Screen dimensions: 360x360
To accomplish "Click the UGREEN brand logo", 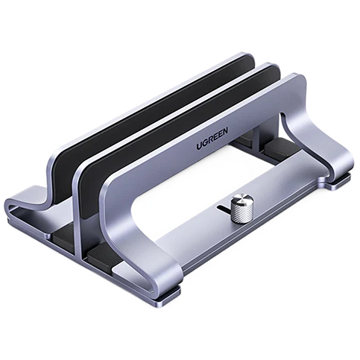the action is coord(212,139).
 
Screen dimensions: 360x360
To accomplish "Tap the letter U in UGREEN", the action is coord(199,146).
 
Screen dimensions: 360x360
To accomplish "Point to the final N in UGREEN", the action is coord(225,131).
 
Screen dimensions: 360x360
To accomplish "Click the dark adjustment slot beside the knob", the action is coord(224,209).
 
